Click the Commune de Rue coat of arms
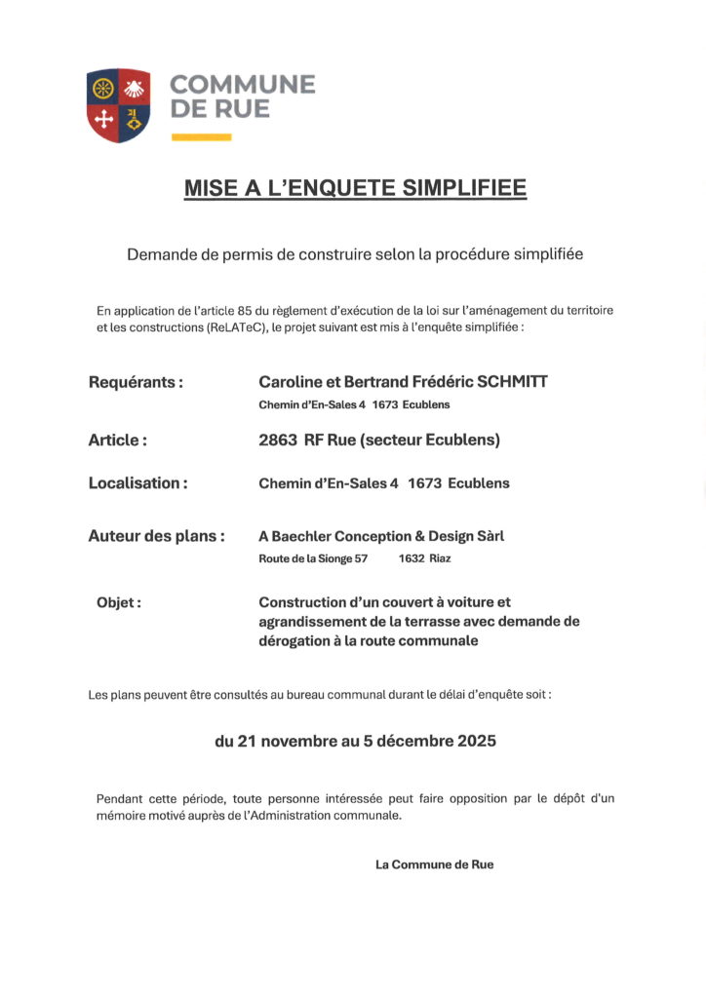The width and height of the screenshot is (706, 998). [118, 105]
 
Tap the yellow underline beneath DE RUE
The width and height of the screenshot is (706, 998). [201, 137]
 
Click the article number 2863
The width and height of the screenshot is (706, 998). [278, 440]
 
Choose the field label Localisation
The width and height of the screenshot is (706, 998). [137, 482]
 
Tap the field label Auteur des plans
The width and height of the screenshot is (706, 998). [156, 535]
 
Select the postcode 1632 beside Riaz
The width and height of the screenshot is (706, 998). [411, 558]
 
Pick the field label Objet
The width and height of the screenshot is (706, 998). [118, 602]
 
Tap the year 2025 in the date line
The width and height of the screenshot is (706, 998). [475, 741]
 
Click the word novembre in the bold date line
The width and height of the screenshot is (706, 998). [296, 741]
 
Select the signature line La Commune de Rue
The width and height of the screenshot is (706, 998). [434, 864]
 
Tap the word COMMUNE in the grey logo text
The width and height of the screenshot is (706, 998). [243, 85]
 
